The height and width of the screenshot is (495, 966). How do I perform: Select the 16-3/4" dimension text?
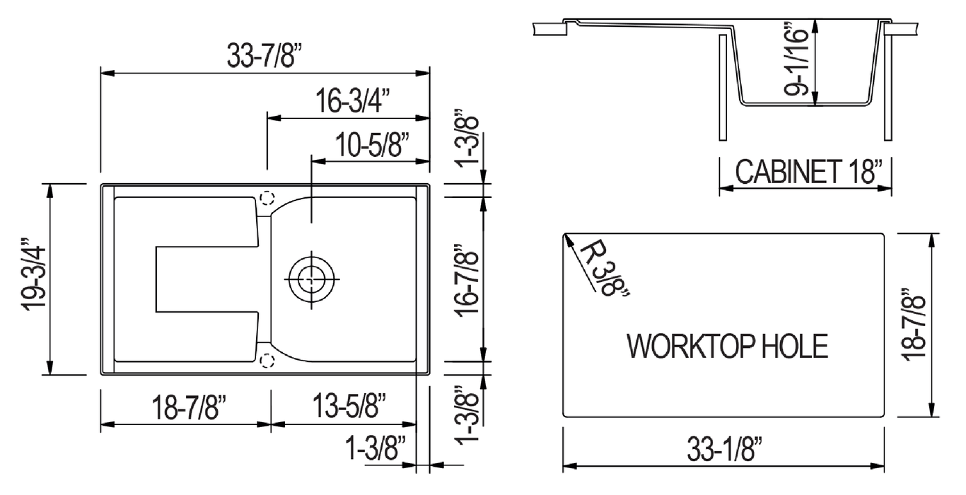(352, 100)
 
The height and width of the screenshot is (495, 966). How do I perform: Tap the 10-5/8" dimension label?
(372, 145)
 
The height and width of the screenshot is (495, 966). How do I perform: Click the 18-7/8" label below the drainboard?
(188, 407)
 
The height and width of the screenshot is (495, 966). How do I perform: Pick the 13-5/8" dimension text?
(349, 406)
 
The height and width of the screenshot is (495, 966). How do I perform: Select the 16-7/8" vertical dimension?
(467, 280)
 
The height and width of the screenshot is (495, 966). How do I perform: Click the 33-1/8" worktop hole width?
(724, 449)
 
